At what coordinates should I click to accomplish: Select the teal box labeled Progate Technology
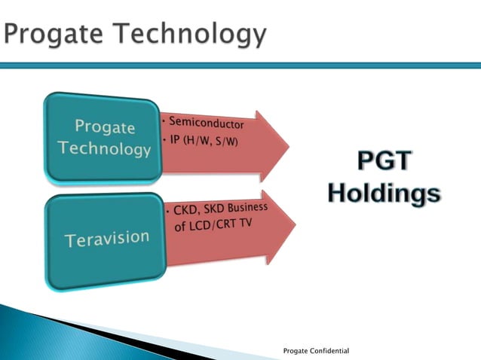(x=103, y=138)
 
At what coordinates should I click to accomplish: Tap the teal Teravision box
(x=106, y=241)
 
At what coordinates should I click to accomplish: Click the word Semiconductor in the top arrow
(x=206, y=122)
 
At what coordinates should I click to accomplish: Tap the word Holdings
(x=384, y=192)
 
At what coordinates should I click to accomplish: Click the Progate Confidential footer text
(x=317, y=352)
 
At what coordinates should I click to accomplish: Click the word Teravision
(x=106, y=239)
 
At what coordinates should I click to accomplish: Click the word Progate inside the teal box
(x=104, y=127)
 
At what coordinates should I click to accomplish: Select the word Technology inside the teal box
(x=104, y=148)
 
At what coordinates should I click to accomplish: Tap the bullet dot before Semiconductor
(x=164, y=121)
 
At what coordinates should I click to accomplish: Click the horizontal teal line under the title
(x=240, y=66)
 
